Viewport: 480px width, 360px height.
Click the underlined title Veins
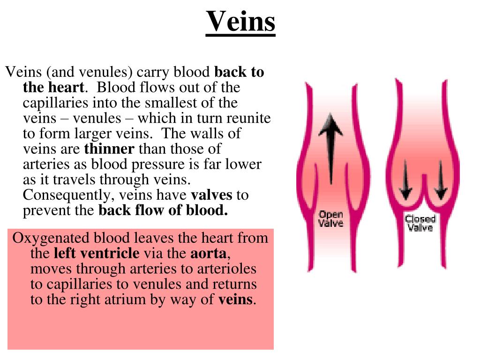click(240, 21)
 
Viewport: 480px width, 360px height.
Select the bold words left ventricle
click(97, 254)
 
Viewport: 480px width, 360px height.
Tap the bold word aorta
click(209, 254)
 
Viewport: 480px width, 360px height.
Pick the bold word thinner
click(109, 149)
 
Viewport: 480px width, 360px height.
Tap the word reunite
click(249, 118)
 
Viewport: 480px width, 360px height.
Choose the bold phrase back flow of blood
click(163, 210)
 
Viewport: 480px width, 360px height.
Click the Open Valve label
click(330, 219)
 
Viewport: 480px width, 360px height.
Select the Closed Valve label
click(420, 223)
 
